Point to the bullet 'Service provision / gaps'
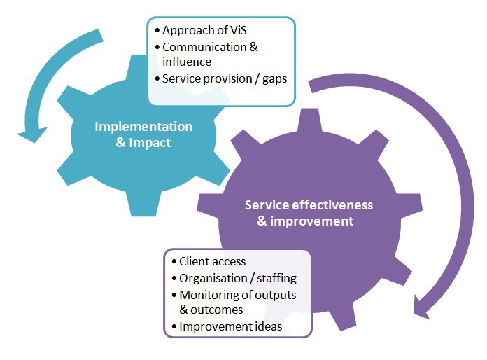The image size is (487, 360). [x=224, y=79]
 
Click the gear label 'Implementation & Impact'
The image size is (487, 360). [x=143, y=134]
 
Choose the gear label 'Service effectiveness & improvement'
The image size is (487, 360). [x=309, y=213]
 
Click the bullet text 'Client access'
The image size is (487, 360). [x=212, y=261]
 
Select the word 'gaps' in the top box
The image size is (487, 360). [x=274, y=79]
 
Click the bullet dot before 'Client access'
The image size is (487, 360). [x=174, y=262]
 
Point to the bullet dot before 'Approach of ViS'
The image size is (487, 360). [x=156, y=31]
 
